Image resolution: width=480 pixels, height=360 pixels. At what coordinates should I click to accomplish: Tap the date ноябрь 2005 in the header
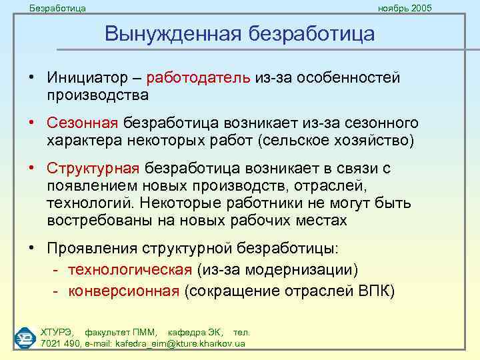(405, 8)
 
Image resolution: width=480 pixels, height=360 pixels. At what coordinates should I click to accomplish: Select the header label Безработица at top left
(57, 8)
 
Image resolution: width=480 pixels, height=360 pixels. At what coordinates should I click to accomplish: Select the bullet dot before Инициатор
(32, 77)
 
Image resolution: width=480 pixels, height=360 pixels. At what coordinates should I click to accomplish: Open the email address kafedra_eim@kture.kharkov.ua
(180, 343)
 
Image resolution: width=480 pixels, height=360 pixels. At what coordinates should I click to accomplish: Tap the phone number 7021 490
(60, 343)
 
